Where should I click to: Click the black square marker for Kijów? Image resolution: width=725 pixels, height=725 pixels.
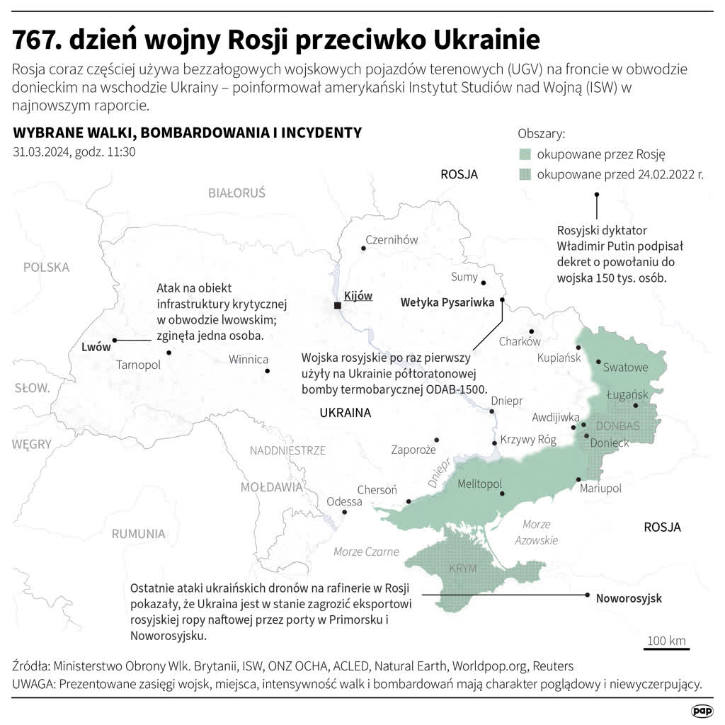pos(338,305)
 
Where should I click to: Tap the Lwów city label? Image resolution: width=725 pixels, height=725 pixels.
pos(96,347)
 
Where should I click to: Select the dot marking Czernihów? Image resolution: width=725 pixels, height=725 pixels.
pos(364,248)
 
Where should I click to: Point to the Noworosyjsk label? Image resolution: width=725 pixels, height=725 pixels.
pos(628,598)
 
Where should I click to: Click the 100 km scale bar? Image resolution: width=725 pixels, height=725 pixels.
pos(666,647)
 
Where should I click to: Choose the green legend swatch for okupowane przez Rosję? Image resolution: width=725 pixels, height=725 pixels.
pos(525,154)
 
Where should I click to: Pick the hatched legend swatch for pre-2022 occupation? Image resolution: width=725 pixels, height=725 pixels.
pos(525,174)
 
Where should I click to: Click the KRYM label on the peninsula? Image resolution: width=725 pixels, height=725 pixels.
pos(463,569)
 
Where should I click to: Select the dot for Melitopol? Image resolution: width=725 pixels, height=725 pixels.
pos(502,493)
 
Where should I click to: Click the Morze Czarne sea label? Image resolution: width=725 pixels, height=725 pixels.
pos(366,552)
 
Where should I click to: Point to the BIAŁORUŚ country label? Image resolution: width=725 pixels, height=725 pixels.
pos(236,193)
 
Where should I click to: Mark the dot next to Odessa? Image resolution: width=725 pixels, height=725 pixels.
pos(344,511)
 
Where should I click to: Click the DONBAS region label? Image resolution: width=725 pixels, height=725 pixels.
pos(617,426)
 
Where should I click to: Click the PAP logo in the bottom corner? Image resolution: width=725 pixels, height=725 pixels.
pos(702,709)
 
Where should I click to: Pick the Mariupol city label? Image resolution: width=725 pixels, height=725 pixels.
pos(600,489)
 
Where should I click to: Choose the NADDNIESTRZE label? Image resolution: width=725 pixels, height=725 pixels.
pos(287,450)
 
